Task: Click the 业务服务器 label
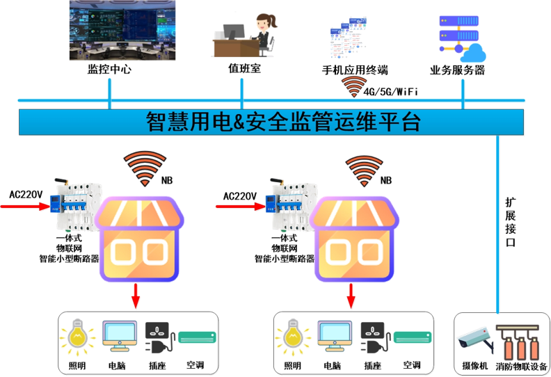pyautogui.click(x=458, y=70)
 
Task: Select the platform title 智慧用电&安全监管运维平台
pyautogui.click(x=284, y=122)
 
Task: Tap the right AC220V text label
pyautogui.click(x=240, y=196)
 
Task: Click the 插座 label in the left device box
pyautogui.click(x=159, y=366)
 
